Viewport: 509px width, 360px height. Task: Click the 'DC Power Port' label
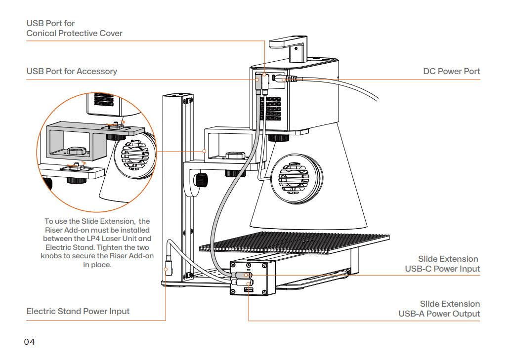coord(451,71)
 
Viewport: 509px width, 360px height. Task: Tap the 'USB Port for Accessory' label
coord(72,71)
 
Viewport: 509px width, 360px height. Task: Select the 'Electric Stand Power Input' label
coord(78,311)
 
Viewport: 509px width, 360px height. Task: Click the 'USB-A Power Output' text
coord(439,314)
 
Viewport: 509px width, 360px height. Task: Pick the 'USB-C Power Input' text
coord(442,269)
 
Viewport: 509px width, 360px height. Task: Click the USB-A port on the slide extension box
coord(249,290)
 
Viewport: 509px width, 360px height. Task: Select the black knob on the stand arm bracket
coord(201,180)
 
